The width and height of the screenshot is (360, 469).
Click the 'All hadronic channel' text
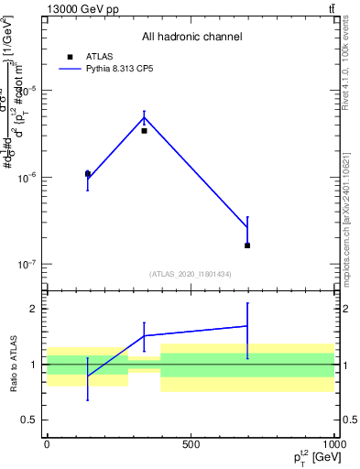coord(191,37)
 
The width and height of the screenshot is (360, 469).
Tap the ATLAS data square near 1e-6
coord(88,173)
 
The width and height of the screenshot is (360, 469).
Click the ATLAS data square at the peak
coord(144,131)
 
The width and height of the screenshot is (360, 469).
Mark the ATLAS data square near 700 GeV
coord(247,245)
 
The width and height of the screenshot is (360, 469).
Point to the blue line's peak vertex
coord(144,117)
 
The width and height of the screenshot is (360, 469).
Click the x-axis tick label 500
coord(191,444)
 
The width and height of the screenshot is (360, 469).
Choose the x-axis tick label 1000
coord(333,444)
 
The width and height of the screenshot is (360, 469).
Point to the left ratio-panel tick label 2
coord(32,310)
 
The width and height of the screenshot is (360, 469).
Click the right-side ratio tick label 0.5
coord(349,420)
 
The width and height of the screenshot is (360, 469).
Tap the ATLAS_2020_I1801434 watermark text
coord(191,274)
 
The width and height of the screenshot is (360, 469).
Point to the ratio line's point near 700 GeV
coord(247,326)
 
